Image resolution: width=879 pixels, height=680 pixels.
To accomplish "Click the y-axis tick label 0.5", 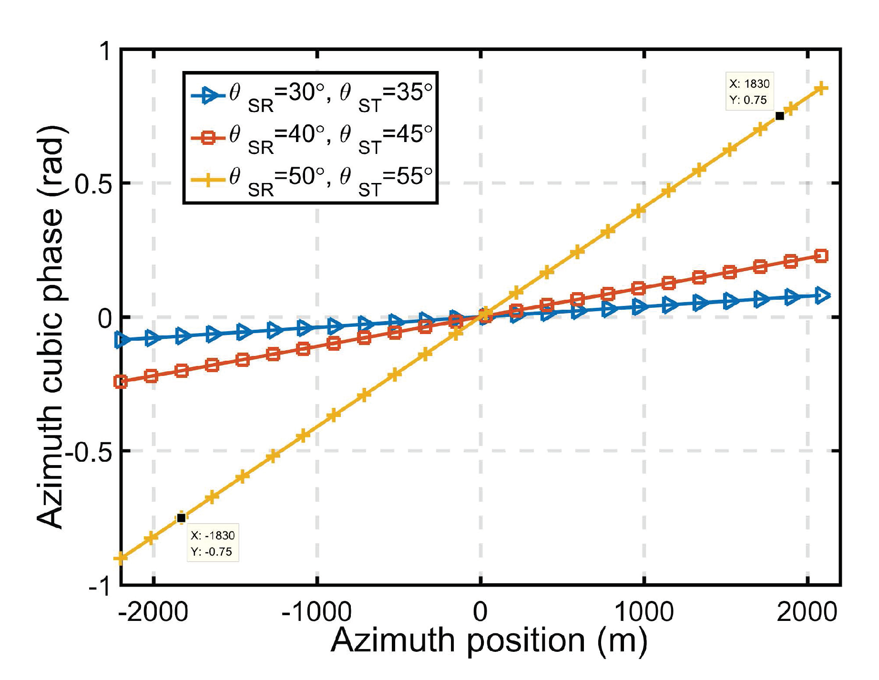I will click(93, 184).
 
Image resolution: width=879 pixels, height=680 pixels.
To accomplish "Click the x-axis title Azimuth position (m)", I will click(489, 641).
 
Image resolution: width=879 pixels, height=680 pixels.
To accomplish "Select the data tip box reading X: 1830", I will click(749, 91).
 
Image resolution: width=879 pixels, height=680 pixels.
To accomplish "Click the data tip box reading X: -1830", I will click(213, 543).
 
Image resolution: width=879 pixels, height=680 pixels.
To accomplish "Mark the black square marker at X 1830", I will click(780, 116).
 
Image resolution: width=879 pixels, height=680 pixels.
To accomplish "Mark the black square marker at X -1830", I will click(181, 518).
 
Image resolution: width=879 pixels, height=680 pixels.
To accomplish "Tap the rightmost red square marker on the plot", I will click(821, 256).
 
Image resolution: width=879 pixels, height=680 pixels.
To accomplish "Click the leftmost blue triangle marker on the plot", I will click(122, 340).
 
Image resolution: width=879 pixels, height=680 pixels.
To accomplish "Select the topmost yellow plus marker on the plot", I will click(821, 89).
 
